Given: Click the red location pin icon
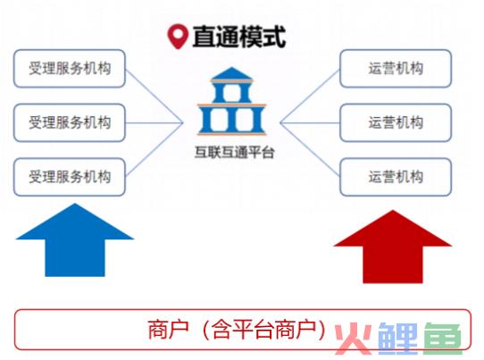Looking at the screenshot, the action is pos(178,37).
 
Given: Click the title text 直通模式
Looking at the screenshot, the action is pos(239,37).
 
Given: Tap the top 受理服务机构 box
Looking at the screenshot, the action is pos(70,68).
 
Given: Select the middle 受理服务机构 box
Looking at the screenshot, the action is pos(70,122).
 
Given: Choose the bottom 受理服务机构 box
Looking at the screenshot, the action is pos(70,177).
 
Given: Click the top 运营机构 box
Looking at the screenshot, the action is pos(396,68).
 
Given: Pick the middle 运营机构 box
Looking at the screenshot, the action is pos(396,122).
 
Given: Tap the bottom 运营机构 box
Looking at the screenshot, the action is pos(396,177).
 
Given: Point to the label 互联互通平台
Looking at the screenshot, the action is pos(235,152).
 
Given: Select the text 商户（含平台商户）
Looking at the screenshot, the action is pos(237,330).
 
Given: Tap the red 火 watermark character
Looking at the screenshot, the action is pos(354,339).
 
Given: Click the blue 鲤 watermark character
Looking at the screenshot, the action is pos(398,339).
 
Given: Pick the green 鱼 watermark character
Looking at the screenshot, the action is pos(443,339).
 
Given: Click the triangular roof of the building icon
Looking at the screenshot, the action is pos(232,73).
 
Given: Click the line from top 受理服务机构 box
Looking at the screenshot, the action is pos(154,96).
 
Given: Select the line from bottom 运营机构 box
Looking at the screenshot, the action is pos(310,149).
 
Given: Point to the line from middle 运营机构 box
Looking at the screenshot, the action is pos(310,123).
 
